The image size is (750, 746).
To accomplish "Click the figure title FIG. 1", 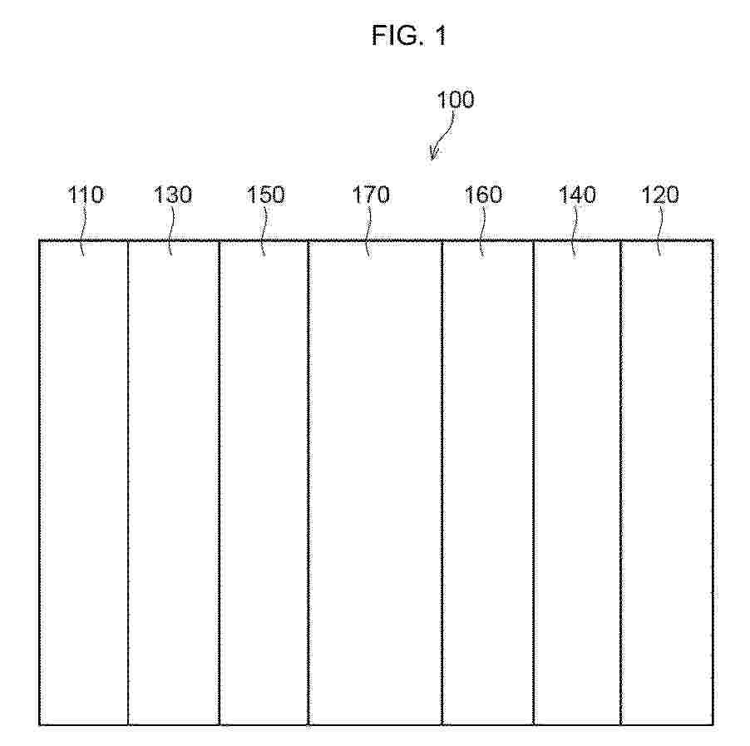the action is pyautogui.click(x=409, y=36).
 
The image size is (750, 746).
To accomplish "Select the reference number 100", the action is pyautogui.click(x=456, y=100).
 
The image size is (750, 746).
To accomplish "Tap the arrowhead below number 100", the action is pyautogui.click(x=433, y=154).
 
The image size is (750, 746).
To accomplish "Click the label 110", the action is pyautogui.click(x=85, y=195).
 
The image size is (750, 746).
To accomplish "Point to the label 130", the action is pyautogui.click(x=173, y=195).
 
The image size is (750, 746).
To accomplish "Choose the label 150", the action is pyautogui.click(x=265, y=195).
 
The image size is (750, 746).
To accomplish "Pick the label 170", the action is pyautogui.click(x=371, y=195).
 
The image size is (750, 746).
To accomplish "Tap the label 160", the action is pyautogui.click(x=483, y=195).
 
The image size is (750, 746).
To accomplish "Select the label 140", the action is pyautogui.click(x=577, y=195).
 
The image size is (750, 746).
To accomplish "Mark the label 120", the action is pyautogui.click(x=659, y=195).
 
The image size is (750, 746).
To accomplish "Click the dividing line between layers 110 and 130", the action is pyautogui.click(x=128, y=482).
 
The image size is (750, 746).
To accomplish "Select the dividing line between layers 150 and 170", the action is pyautogui.click(x=308, y=482).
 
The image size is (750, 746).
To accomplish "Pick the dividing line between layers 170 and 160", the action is pyautogui.click(x=442, y=482).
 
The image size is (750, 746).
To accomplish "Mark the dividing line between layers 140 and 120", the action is pyautogui.click(x=620, y=482).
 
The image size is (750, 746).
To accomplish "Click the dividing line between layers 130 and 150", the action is pyautogui.click(x=219, y=482).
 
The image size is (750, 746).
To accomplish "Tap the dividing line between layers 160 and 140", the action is pyautogui.click(x=533, y=482).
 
